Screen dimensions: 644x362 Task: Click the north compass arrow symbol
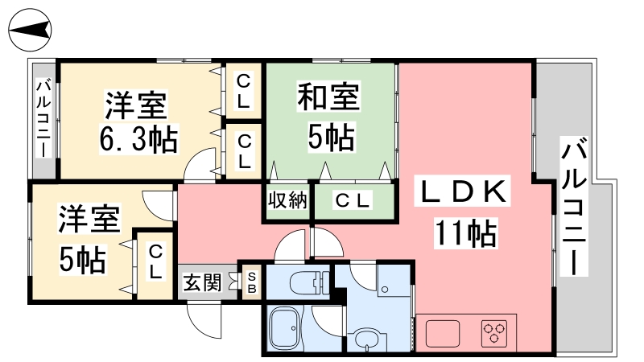(30, 31)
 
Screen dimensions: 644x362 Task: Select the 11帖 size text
(466, 233)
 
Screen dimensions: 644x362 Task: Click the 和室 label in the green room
(328, 97)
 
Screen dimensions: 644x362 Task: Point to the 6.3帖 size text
(138, 138)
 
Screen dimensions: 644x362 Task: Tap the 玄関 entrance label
(202, 282)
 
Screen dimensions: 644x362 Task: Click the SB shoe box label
(252, 283)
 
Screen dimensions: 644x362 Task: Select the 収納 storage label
(287, 200)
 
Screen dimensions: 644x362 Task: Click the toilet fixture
(310, 283)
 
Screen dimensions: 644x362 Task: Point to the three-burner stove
(494, 332)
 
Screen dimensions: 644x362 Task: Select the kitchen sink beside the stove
(443, 333)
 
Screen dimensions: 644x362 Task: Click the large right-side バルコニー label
(574, 207)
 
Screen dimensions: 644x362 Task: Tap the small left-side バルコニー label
(43, 119)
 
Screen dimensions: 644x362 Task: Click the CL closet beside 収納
(353, 200)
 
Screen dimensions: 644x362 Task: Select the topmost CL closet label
(244, 90)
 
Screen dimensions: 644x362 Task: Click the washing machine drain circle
(385, 290)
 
